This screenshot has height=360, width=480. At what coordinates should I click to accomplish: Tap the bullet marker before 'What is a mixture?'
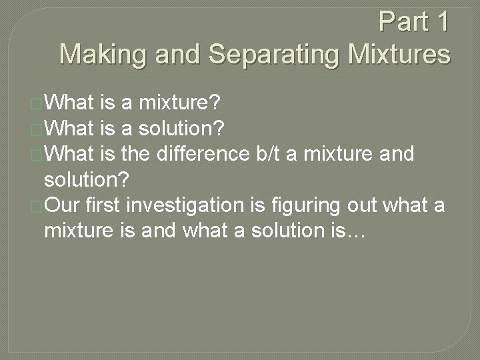coord(37,104)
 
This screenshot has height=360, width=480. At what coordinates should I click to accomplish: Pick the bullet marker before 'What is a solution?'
coord(37,129)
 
